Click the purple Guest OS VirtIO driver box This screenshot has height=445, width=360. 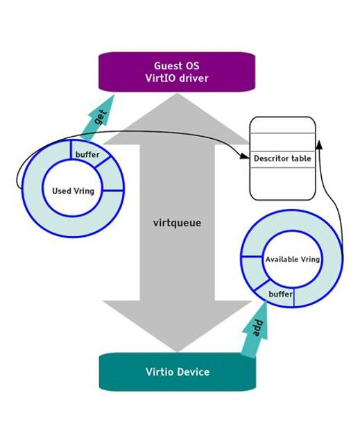(x=177, y=72)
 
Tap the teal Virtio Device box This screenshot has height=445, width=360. (x=177, y=371)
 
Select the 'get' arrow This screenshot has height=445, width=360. (x=98, y=117)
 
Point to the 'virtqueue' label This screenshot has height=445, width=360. (x=177, y=223)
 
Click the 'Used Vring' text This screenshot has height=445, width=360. (x=73, y=191)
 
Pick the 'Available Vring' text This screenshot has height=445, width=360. (x=292, y=259)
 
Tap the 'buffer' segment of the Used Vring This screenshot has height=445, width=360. (x=87, y=154)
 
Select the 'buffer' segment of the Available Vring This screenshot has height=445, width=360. (x=280, y=295)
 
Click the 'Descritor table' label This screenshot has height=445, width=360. (x=282, y=158)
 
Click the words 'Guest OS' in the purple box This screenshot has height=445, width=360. (x=176, y=66)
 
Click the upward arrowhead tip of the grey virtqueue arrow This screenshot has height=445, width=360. (x=177, y=96)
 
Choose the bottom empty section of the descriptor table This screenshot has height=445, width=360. (x=282, y=183)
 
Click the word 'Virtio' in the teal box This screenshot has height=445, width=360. (x=159, y=371)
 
